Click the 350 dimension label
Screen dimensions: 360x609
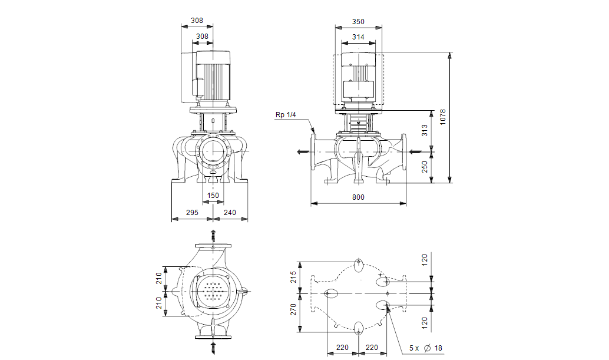358,22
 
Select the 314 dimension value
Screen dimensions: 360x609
358,37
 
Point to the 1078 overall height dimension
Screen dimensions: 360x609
443,118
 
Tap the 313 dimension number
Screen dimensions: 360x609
425,131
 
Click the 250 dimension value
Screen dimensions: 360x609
425,167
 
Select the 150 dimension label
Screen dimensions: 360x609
213,196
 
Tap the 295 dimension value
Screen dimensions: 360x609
192,212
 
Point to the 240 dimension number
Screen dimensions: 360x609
230,212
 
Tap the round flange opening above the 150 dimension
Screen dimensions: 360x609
213,151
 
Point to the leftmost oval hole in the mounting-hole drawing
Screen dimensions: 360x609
332,292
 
